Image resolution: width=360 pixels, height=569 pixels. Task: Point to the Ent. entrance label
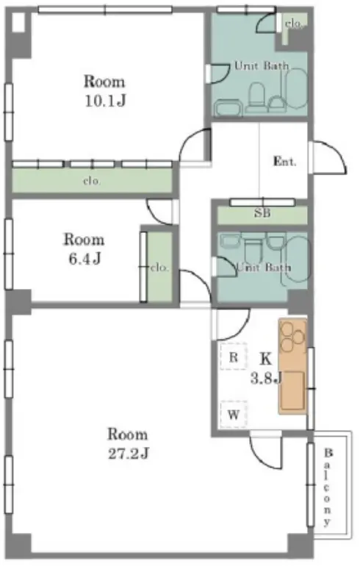click(x=284, y=161)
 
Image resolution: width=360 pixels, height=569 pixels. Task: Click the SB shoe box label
click(x=262, y=212)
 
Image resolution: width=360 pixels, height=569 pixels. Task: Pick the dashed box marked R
click(x=234, y=357)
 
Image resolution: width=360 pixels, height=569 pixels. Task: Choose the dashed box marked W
click(x=234, y=414)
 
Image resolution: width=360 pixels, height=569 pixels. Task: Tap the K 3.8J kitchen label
click(x=266, y=368)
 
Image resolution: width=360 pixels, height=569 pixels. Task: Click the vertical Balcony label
click(x=328, y=487)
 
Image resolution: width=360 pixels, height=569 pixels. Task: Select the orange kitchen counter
click(x=292, y=366)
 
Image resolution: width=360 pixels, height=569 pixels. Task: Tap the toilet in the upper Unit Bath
click(x=256, y=97)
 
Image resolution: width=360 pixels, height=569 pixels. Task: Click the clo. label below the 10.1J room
click(x=92, y=181)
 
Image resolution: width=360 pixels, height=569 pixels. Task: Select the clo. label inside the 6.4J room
click(x=160, y=268)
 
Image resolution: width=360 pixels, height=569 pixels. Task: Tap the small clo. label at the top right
click(x=293, y=24)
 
